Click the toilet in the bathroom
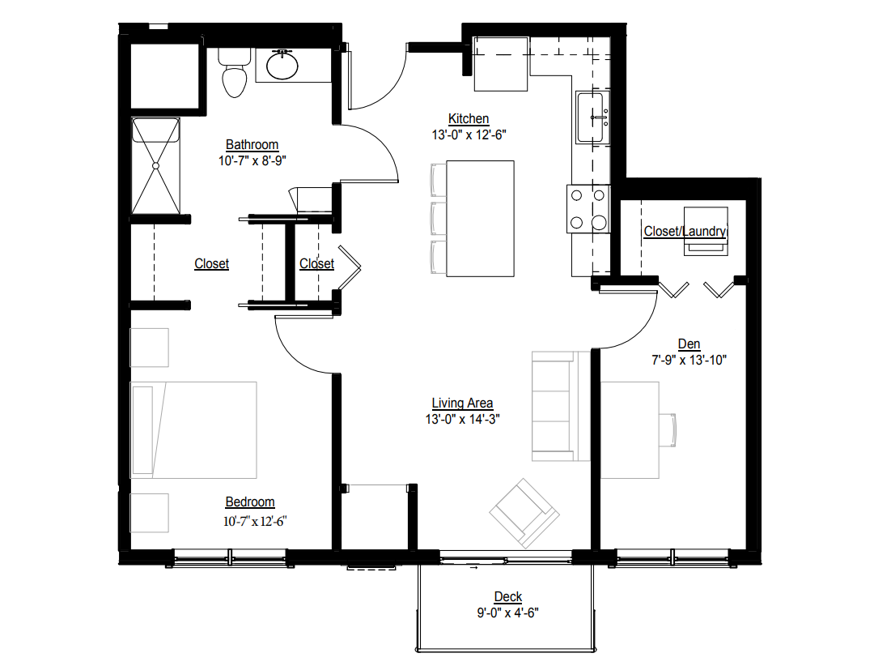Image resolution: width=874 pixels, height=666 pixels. tap(234, 74)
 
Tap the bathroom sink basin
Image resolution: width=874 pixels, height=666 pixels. tap(282, 66)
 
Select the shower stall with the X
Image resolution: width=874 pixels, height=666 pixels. tap(155, 166)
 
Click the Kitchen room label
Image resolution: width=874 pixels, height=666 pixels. tap(469, 119)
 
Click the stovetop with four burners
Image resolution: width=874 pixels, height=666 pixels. tap(588, 208)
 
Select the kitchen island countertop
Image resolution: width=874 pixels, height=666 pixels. tap(481, 218)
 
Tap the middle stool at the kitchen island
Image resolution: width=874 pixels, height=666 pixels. tap(438, 218)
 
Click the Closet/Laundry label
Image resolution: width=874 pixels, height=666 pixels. tap(685, 232)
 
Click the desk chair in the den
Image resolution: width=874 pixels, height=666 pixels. tap(668, 429)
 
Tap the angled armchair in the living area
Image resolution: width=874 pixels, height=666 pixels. tap(525, 511)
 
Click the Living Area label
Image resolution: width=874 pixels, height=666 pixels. tap(462, 403)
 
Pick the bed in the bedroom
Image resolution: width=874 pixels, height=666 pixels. tap(194, 429)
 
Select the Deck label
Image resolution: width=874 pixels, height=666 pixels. tap(508, 597)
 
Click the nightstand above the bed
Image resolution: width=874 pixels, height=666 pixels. tap(150, 348)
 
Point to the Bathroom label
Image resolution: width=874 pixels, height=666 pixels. tap(252, 145)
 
